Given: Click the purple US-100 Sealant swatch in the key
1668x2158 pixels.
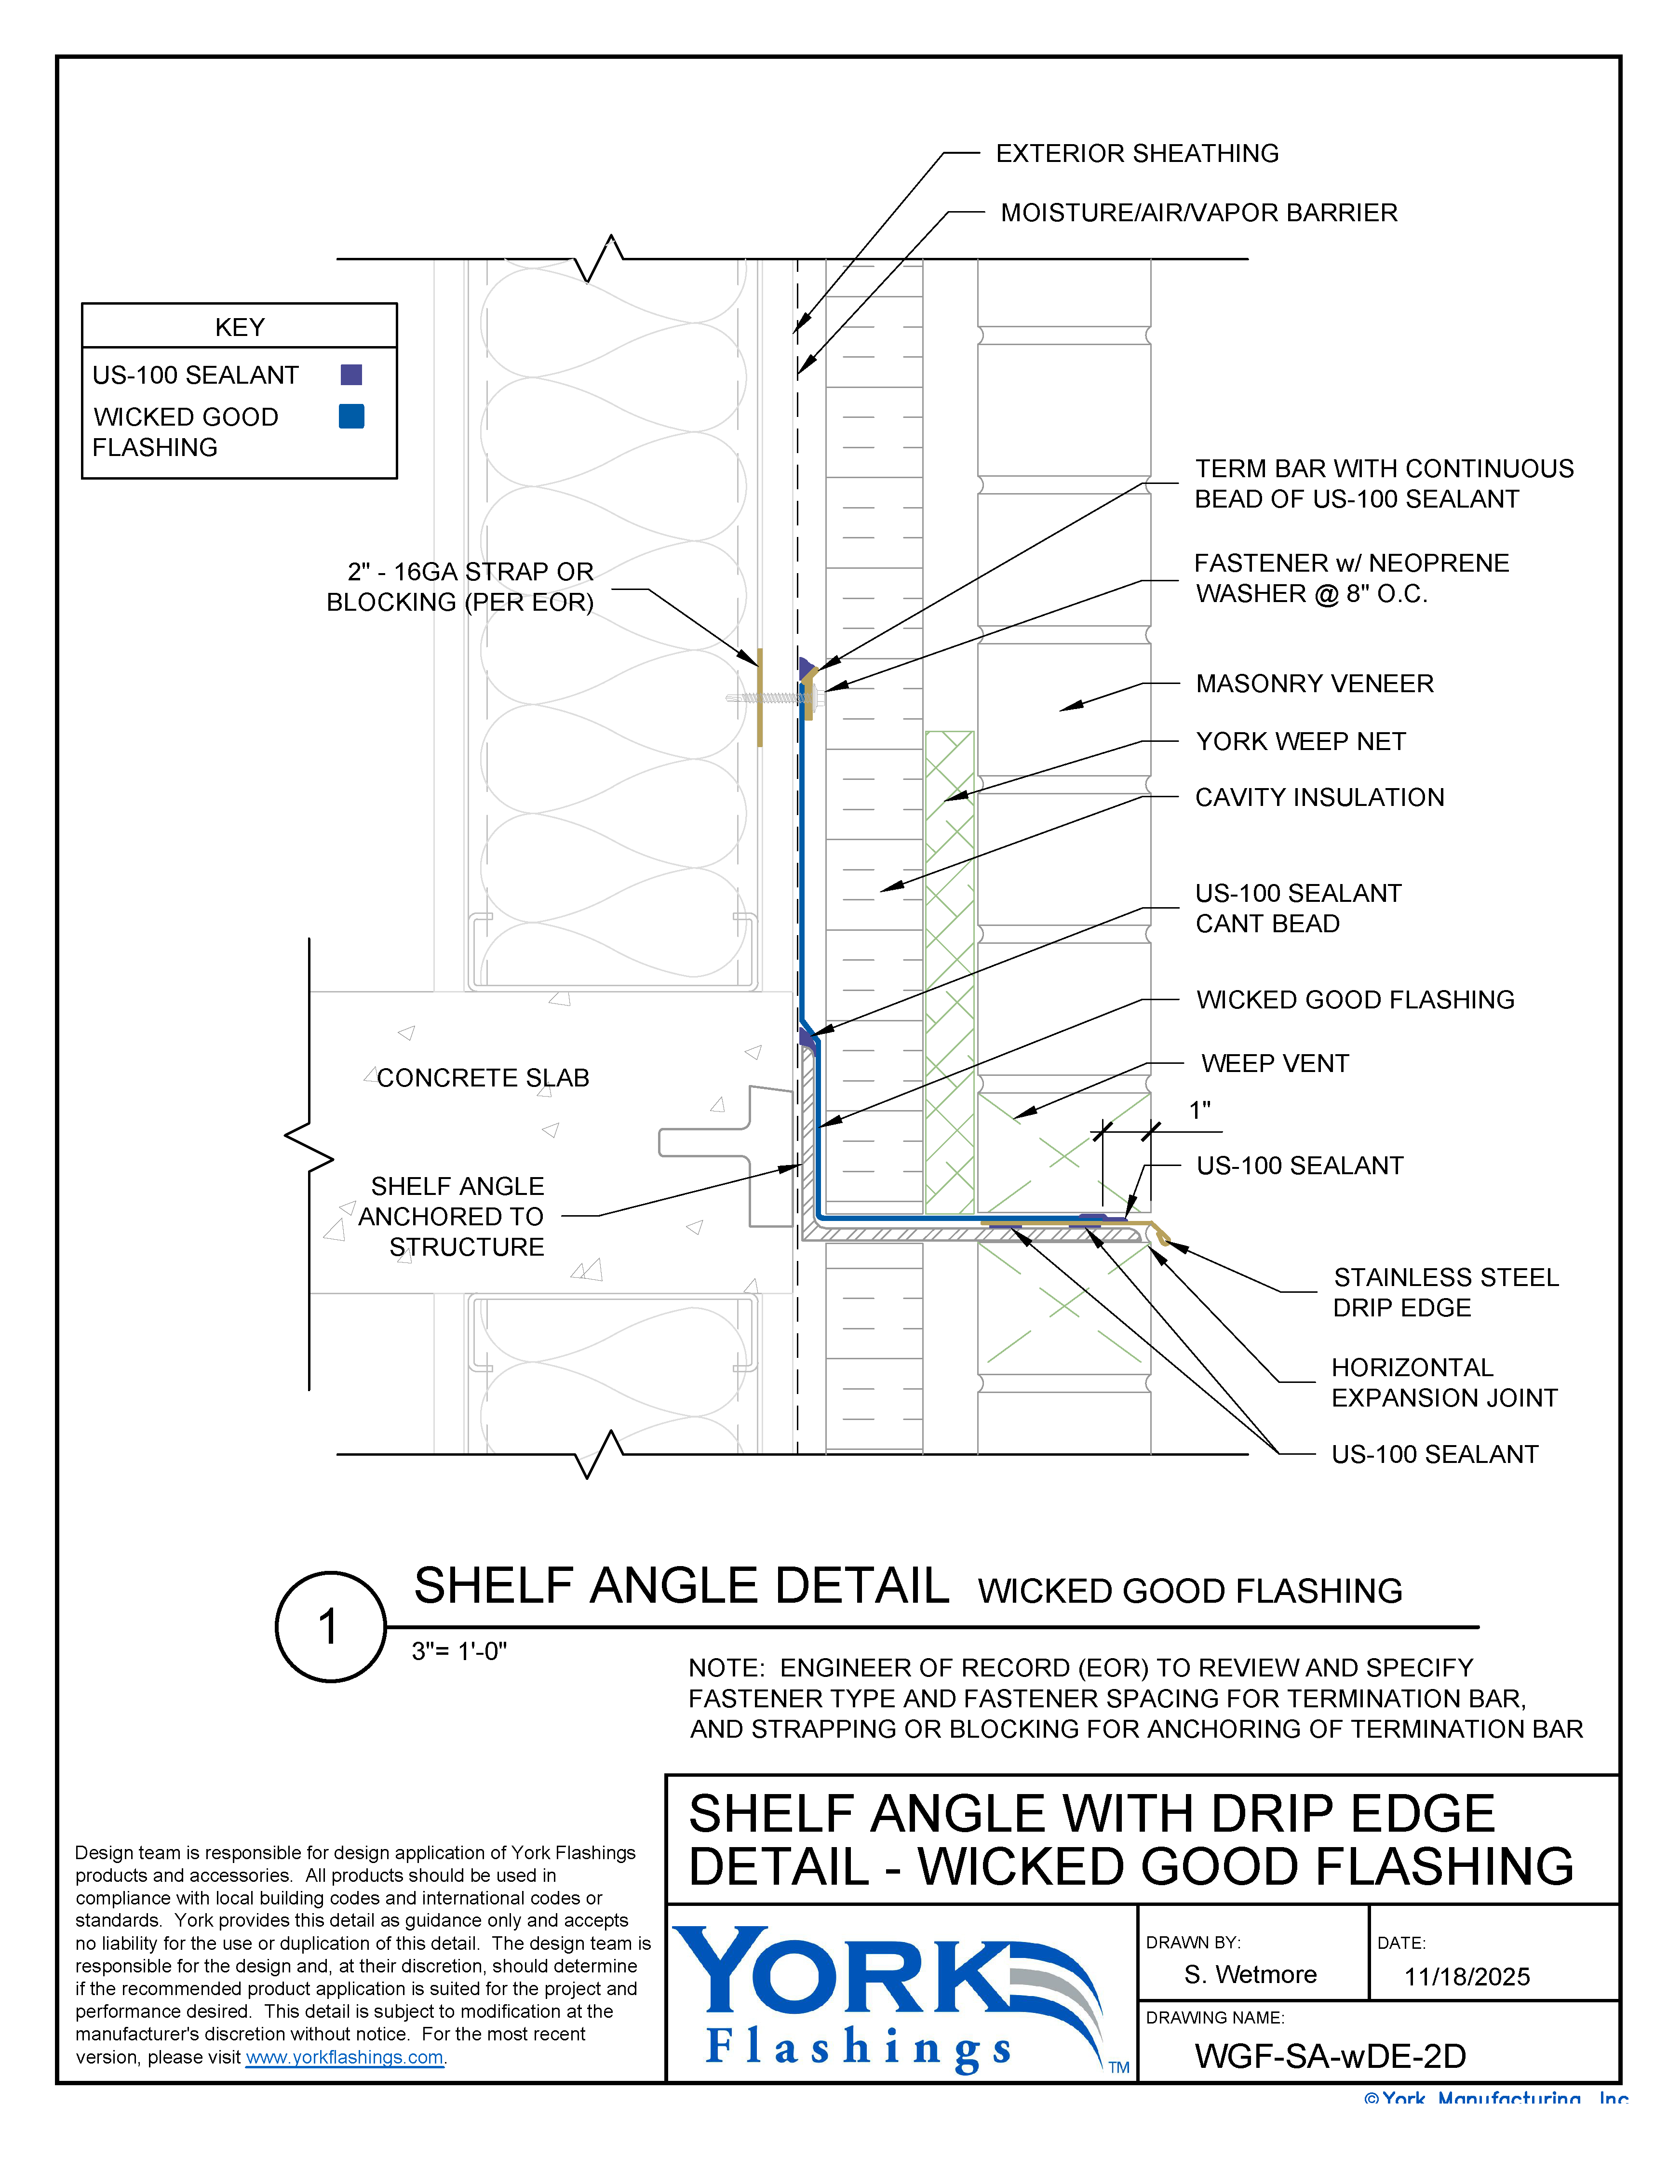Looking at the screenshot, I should (x=351, y=375).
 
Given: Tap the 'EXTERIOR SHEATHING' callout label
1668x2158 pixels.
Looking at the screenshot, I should (x=1136, y=153).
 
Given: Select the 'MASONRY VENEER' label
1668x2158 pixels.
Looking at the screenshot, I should (x=1314, y=684).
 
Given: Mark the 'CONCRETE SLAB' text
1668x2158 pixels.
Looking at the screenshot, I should (x=483, y=1078).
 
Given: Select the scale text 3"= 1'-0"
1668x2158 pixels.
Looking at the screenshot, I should (x=459, y=1651).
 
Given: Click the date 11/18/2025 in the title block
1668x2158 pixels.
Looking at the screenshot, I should (x=1466, y=1977).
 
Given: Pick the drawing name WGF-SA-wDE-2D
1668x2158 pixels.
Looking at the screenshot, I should (x=1330, y=2056).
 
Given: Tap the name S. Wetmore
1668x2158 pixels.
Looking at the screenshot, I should (x=1250, y=1975).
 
